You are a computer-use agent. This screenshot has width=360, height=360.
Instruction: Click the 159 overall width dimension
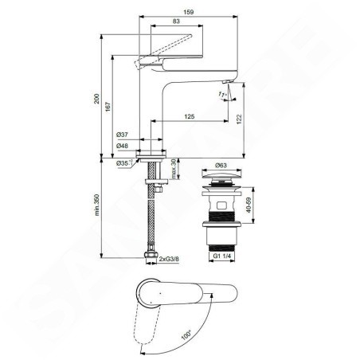pyautogui.click(x=189, y=12)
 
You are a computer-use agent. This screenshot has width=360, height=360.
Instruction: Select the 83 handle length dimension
pyautogui.click(x=176, y=22)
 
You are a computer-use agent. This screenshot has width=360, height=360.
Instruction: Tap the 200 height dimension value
pyautogui.click(x=97, y=99)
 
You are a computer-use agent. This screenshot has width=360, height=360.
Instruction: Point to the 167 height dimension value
pyautogui.click(x=108, y=106)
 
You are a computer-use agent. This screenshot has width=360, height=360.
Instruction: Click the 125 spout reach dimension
pyautogui.click(x=190, y=116)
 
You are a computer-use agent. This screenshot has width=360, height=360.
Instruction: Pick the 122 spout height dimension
pyautogui.click(x=239, y=119)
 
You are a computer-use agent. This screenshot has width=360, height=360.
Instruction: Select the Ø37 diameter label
pyautogui.click(x=122, y=135)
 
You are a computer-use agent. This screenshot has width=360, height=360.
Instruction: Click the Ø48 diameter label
pyautogui.click(x=122, y=146)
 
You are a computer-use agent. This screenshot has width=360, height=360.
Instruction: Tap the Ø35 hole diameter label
pyautogui.click(x=124, y=163)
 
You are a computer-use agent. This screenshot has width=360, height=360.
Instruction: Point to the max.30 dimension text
pyautogui.click(x=174, y=169)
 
